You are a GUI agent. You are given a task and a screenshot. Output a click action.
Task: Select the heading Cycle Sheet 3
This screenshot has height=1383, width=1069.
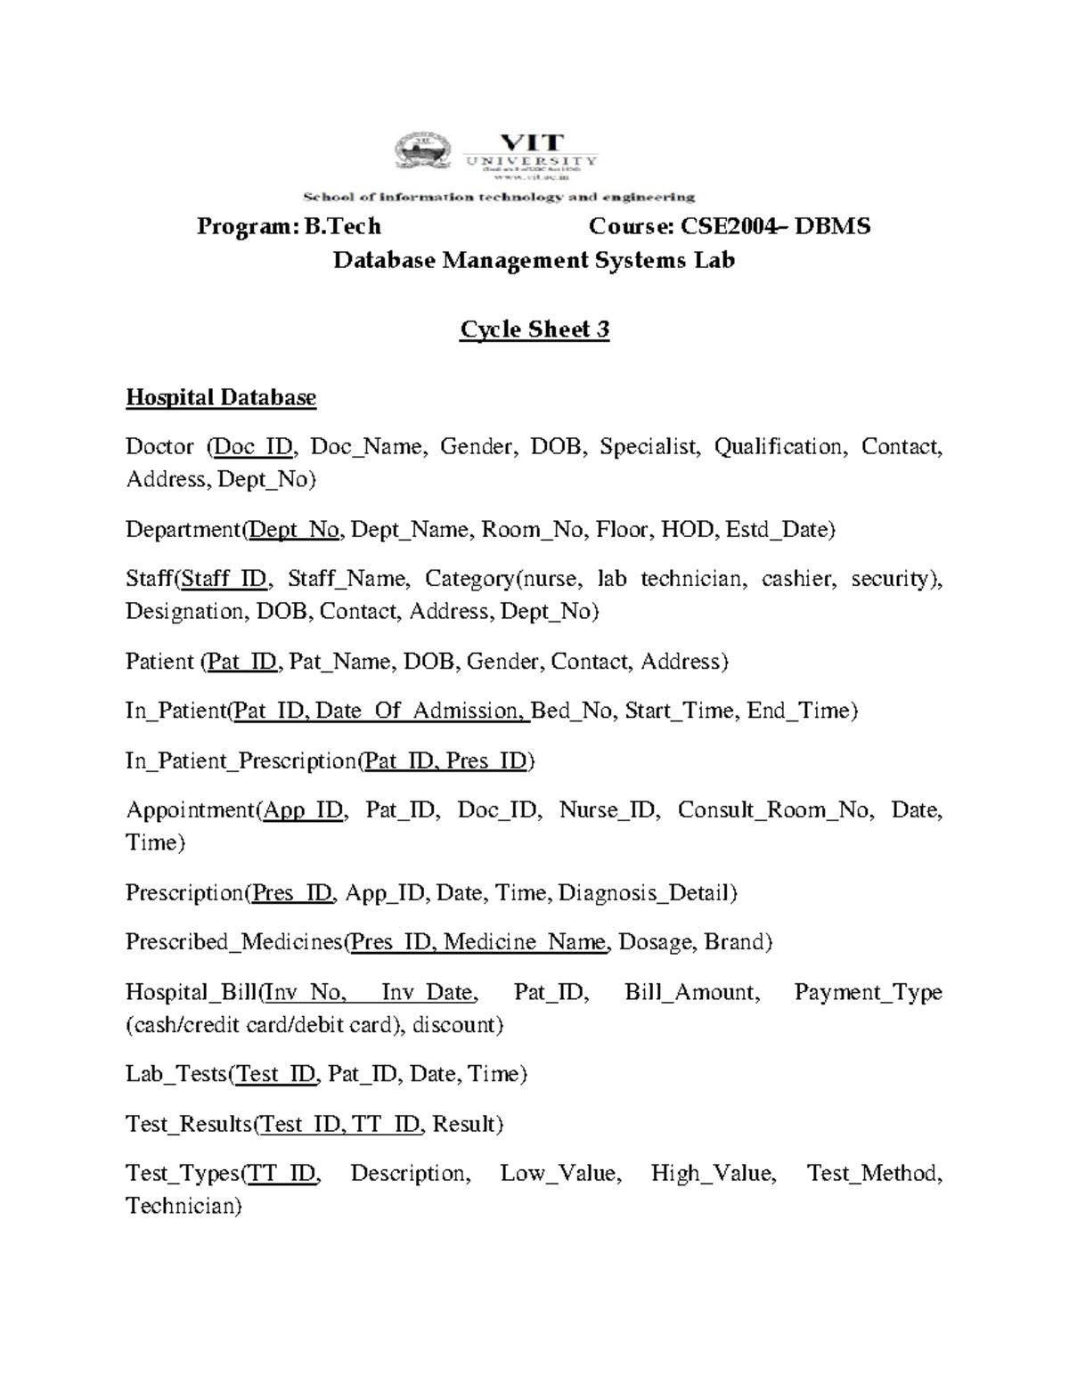point(534,329)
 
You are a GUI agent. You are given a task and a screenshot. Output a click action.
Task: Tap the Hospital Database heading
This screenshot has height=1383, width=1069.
point(221,397)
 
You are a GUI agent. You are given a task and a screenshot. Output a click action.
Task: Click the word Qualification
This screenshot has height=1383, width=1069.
point(779,447)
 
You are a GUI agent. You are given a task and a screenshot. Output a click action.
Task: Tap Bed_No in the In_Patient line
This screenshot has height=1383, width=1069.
point(573,711)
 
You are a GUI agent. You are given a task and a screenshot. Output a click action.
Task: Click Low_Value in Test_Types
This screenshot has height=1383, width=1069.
point(559,1174)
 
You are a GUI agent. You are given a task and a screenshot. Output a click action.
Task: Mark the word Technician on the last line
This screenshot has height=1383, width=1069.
point(182,1207)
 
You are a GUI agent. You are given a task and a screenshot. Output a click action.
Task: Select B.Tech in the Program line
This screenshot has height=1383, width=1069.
point(342,226)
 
